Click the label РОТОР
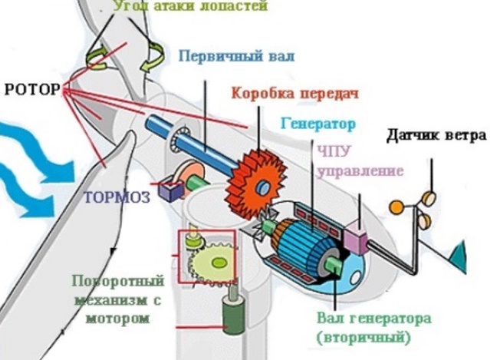[31, 89]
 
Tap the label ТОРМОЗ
[117, 196]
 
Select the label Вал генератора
[363, 318]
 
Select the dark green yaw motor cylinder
[230, 315]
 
